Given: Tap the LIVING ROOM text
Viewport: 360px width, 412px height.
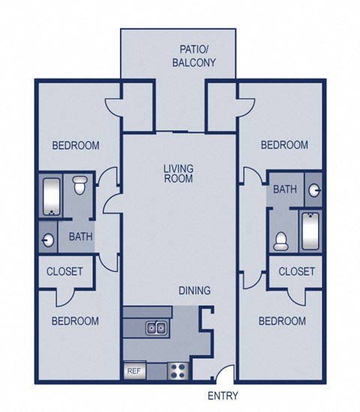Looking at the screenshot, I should coord(178,174).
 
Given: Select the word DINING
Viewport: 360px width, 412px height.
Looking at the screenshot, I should coord(194,291).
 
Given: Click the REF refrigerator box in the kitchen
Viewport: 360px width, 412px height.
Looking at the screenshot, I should coord(133,371).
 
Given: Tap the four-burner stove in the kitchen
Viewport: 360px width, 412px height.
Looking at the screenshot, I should coord(178,369).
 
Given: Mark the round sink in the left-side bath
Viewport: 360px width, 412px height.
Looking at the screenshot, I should coord(49,240).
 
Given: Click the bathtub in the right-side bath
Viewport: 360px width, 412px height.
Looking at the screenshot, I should coord(310,231).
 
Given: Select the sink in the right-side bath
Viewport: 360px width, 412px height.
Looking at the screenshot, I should coord(316,190).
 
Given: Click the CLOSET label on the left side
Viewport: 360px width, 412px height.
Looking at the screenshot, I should coord(64,271).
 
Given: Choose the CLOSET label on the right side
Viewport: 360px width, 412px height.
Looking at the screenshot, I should coord(296,271).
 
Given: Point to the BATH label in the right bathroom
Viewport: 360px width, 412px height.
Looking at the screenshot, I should coord(284,190).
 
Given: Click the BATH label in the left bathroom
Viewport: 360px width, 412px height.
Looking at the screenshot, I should coord(80,237).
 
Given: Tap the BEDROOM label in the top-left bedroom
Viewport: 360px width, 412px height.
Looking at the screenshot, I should coord(75,145).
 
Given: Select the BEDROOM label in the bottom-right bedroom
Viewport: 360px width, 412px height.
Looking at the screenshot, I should coord(282,321).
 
